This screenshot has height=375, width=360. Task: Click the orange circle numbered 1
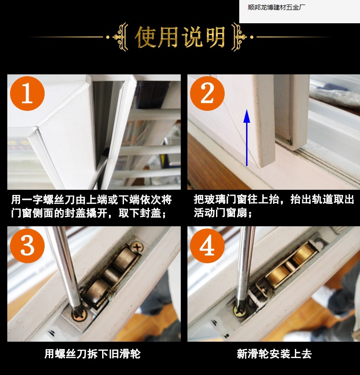point(27,93)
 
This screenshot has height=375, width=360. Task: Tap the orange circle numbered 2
point(207,93)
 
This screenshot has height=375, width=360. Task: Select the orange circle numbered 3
point(27,245)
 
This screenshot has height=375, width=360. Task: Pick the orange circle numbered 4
point(207,245)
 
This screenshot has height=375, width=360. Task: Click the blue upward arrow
point(247,137)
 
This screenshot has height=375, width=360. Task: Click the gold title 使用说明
point(180,37)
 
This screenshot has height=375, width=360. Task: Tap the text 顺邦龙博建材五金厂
point(277,7)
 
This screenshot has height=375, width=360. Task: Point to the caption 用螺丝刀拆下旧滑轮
point(93,354)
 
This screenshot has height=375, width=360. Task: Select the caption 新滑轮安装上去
point(274,354)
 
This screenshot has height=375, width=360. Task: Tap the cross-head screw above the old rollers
point(137,247)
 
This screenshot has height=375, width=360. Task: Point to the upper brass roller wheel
point(304,255)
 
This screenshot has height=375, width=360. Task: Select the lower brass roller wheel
point(277,275)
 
